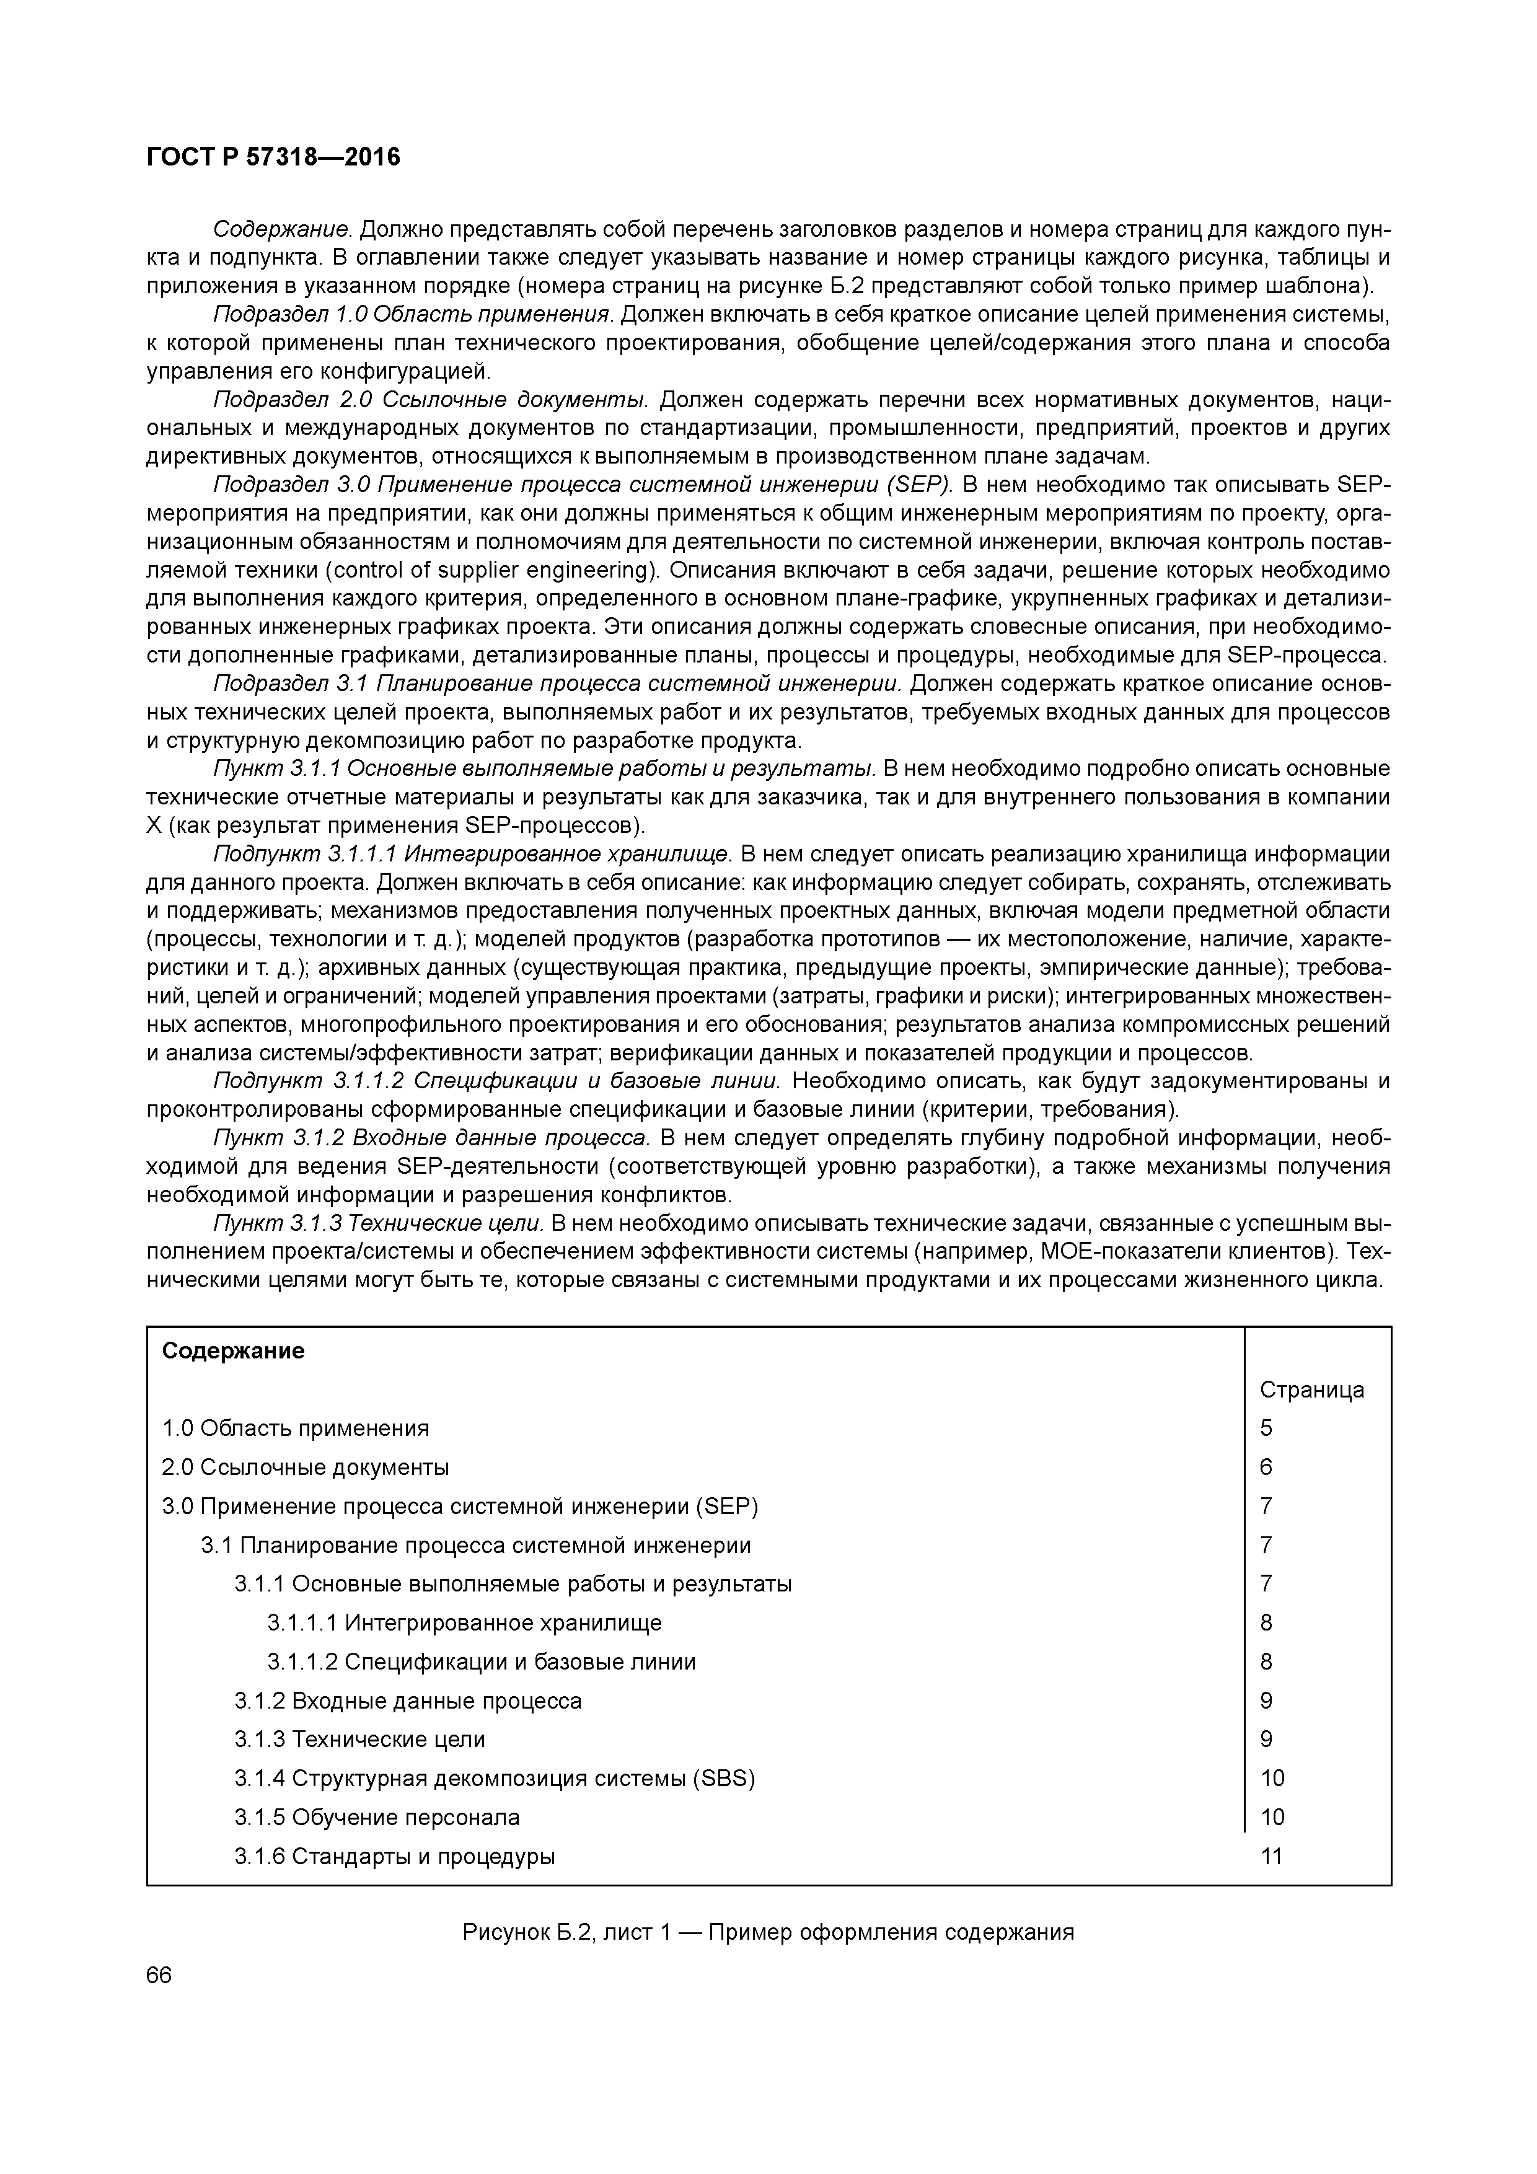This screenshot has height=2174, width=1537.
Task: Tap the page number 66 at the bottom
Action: coord(159,1975)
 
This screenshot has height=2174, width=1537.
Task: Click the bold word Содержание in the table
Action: coord(233,1351)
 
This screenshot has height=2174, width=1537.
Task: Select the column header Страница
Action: coord(1311,1390)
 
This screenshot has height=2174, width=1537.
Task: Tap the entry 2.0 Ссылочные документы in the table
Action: coord(305,1468)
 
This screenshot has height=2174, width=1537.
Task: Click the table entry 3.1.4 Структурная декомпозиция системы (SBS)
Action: coord(495,1778)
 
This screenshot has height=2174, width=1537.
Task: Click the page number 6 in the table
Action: coord(1266,1468)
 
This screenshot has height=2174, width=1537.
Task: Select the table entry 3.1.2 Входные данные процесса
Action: coord(408,1701)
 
